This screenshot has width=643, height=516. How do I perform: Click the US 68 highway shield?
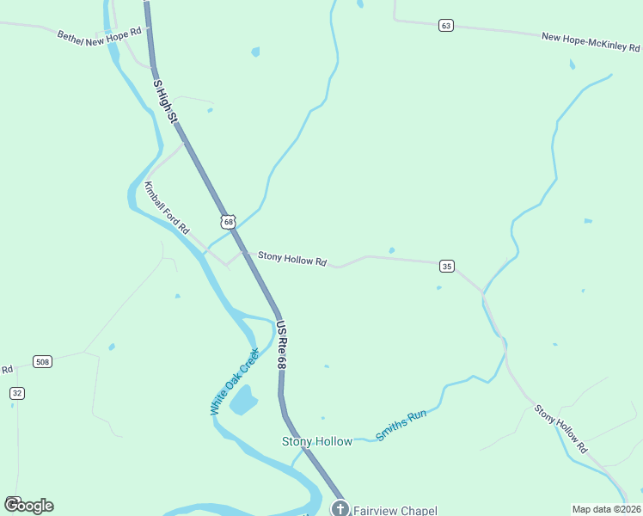pyautogui.click(x=228, y=222)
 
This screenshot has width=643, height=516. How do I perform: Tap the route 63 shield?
pyautogui.click(x=444, y=26)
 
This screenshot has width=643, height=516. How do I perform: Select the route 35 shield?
pyautogui.click(x=446, y=267)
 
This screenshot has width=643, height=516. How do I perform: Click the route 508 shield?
pyautogui.click(x=42, y=362)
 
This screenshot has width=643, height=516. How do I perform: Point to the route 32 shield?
pyautogui.click(x=17, y=393)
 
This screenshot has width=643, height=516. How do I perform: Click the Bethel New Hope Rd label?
pyautogui.click(x=98, y=39)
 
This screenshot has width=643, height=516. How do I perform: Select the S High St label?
pyautogui.click(x=164, y=100)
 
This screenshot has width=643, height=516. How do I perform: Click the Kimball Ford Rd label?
pyautogui.click(x=167, y=209)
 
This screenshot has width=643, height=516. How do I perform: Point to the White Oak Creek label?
pyautogui.click(x=235, y=382)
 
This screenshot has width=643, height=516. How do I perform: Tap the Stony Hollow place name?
pyautogui.click(x=317, y=441)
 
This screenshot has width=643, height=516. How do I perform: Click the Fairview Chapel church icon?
pyautogui.click(x=340, y=508)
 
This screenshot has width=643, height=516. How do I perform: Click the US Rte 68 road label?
pyautogui.click(x=280, y=346)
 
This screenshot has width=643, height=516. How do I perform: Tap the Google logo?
pyautogui.click(x=28, y=505)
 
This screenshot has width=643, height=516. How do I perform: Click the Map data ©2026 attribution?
pyautogui.click(x=606, y=509)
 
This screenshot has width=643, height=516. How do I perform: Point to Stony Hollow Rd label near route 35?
pyautogui.click(x=292, y=258)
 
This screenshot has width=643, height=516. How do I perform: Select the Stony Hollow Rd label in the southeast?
pyautogui.click(x=560, y=429)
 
